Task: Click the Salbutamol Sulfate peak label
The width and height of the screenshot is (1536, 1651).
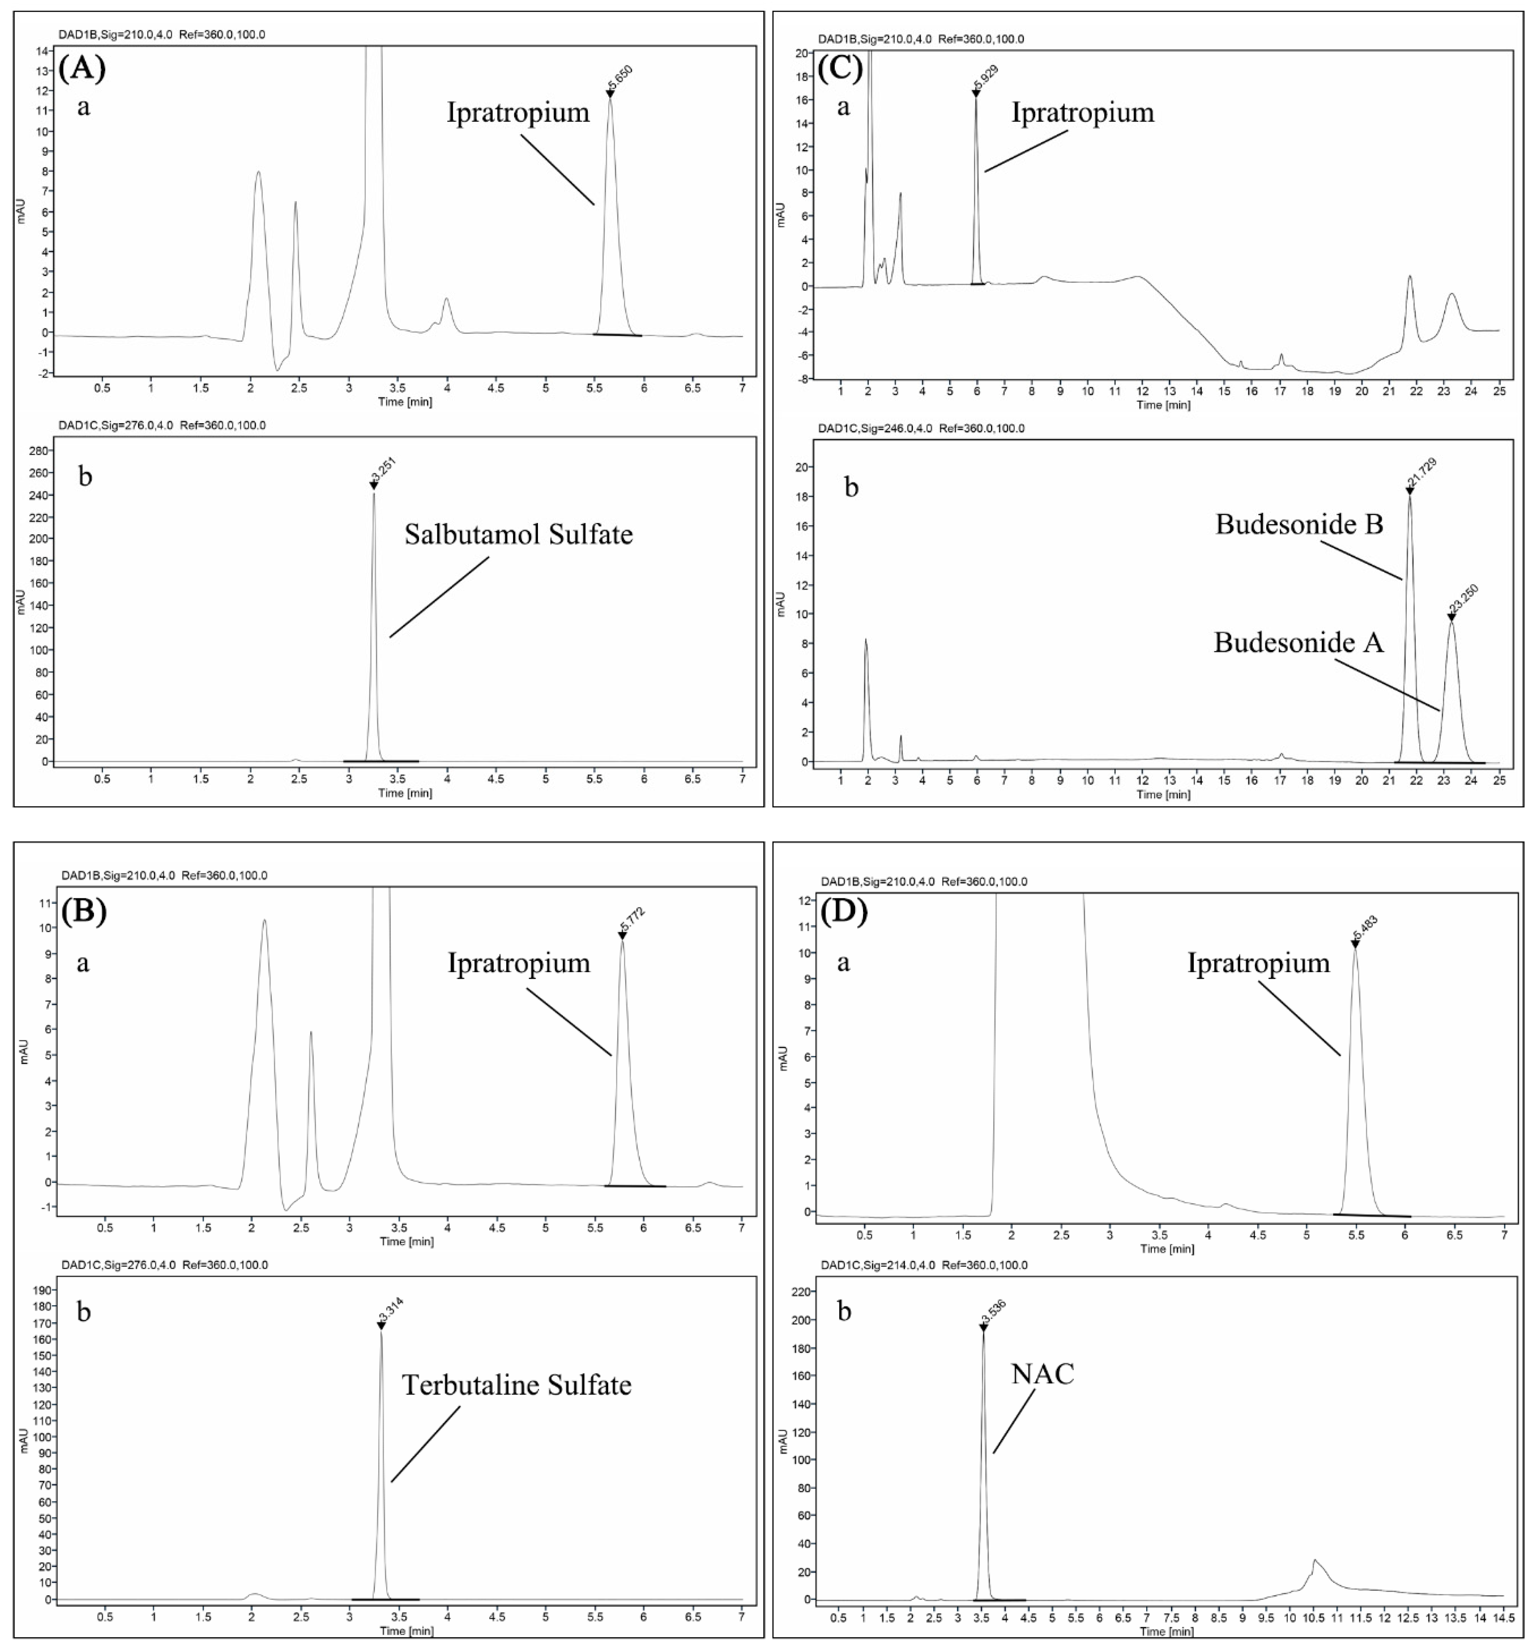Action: [x=518, y=534]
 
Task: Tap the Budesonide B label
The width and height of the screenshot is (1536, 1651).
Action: [x=1299, y=524]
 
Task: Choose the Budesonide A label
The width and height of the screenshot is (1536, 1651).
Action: [x=1299, y=642]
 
